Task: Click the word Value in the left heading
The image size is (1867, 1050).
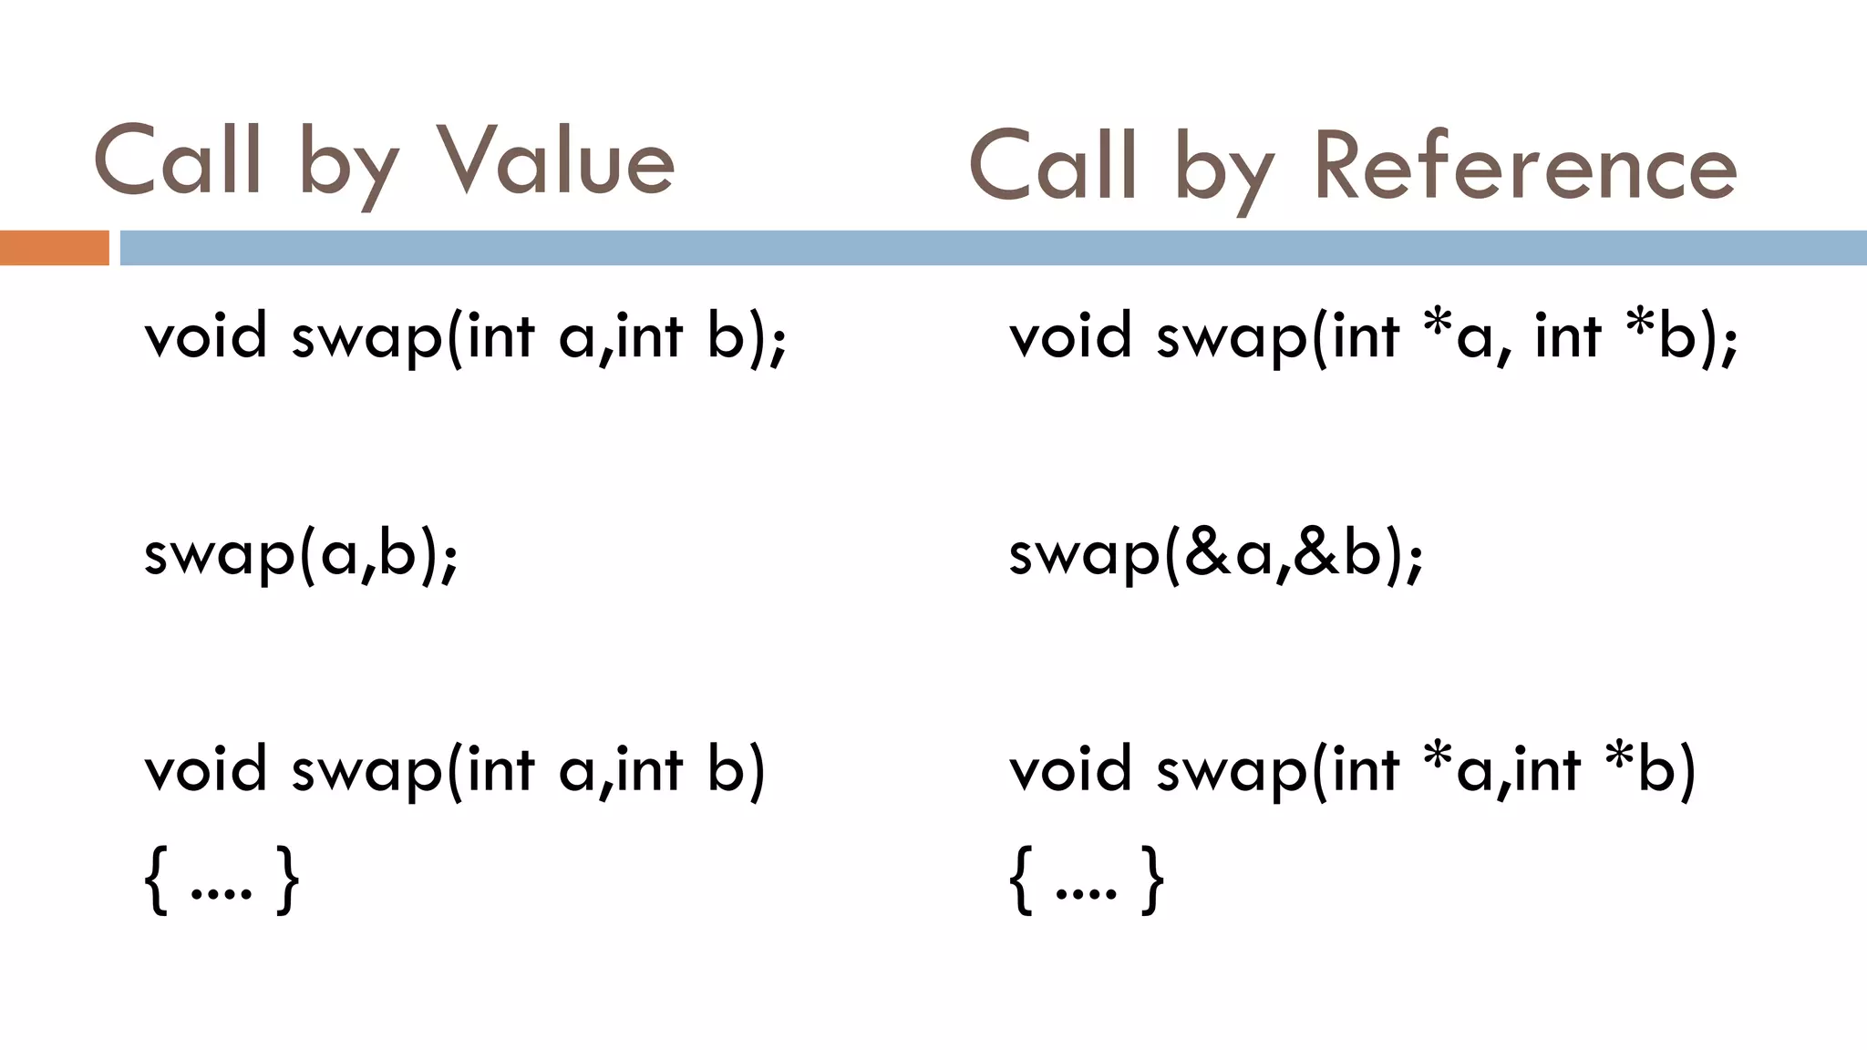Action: tap(558, 162)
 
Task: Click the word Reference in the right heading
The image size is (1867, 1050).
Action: tap(1525, 168)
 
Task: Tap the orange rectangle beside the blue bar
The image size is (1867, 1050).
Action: tap(54, 248)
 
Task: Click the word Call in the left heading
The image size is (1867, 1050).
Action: tap(179, 162)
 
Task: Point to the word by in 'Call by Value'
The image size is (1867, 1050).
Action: tap(347, 168)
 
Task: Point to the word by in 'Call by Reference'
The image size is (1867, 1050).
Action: tap(1223, 173)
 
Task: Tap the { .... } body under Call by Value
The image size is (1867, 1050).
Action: tap(222, 880)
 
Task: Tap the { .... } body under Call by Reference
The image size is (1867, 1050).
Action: tap(1086, 880)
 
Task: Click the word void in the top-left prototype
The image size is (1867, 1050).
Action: tap(205, 335)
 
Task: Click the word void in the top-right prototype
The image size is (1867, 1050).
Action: tap(1070, 335)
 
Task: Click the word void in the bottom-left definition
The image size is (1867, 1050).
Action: tap(205, 768)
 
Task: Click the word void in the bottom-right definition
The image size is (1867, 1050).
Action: tap(1070, 768)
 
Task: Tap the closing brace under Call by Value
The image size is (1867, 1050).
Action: tap(288, 880)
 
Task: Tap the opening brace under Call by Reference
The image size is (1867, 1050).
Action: tap(1023, 880)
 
